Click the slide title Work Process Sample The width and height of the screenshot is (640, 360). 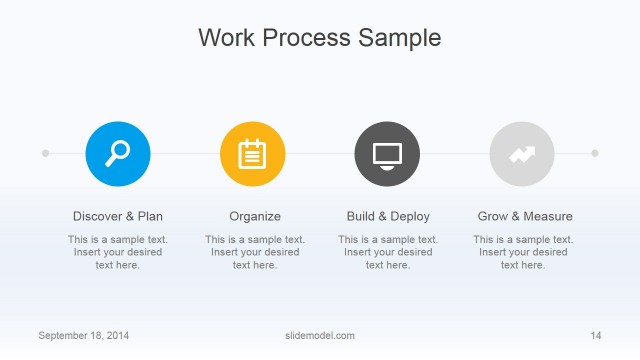coord(319,38)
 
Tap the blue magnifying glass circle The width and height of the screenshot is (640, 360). coord(118,153)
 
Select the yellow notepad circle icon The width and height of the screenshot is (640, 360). coord(252,153)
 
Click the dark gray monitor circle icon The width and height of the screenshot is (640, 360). coord(387,153)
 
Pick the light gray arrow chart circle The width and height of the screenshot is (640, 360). coord(522,153)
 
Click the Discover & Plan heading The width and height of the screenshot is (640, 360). coord(118,216)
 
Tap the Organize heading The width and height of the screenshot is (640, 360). coord(255,216)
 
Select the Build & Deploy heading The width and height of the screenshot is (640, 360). coord(388,216)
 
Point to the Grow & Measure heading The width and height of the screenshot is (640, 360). coord(525,216)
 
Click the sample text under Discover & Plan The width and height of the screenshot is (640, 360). coord(118,252)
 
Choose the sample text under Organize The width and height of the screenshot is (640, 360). coord(255,252)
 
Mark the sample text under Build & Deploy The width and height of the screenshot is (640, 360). coord(388,252)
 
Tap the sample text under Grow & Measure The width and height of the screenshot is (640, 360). coord(523,252)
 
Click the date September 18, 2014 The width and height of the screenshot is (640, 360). coord(84,335)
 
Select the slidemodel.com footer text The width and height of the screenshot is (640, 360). coord(320,335)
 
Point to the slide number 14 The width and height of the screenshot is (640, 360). coord(596,335)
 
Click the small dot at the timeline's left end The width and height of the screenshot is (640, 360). coord(45,153)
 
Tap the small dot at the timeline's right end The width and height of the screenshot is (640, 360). coord(595,153)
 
